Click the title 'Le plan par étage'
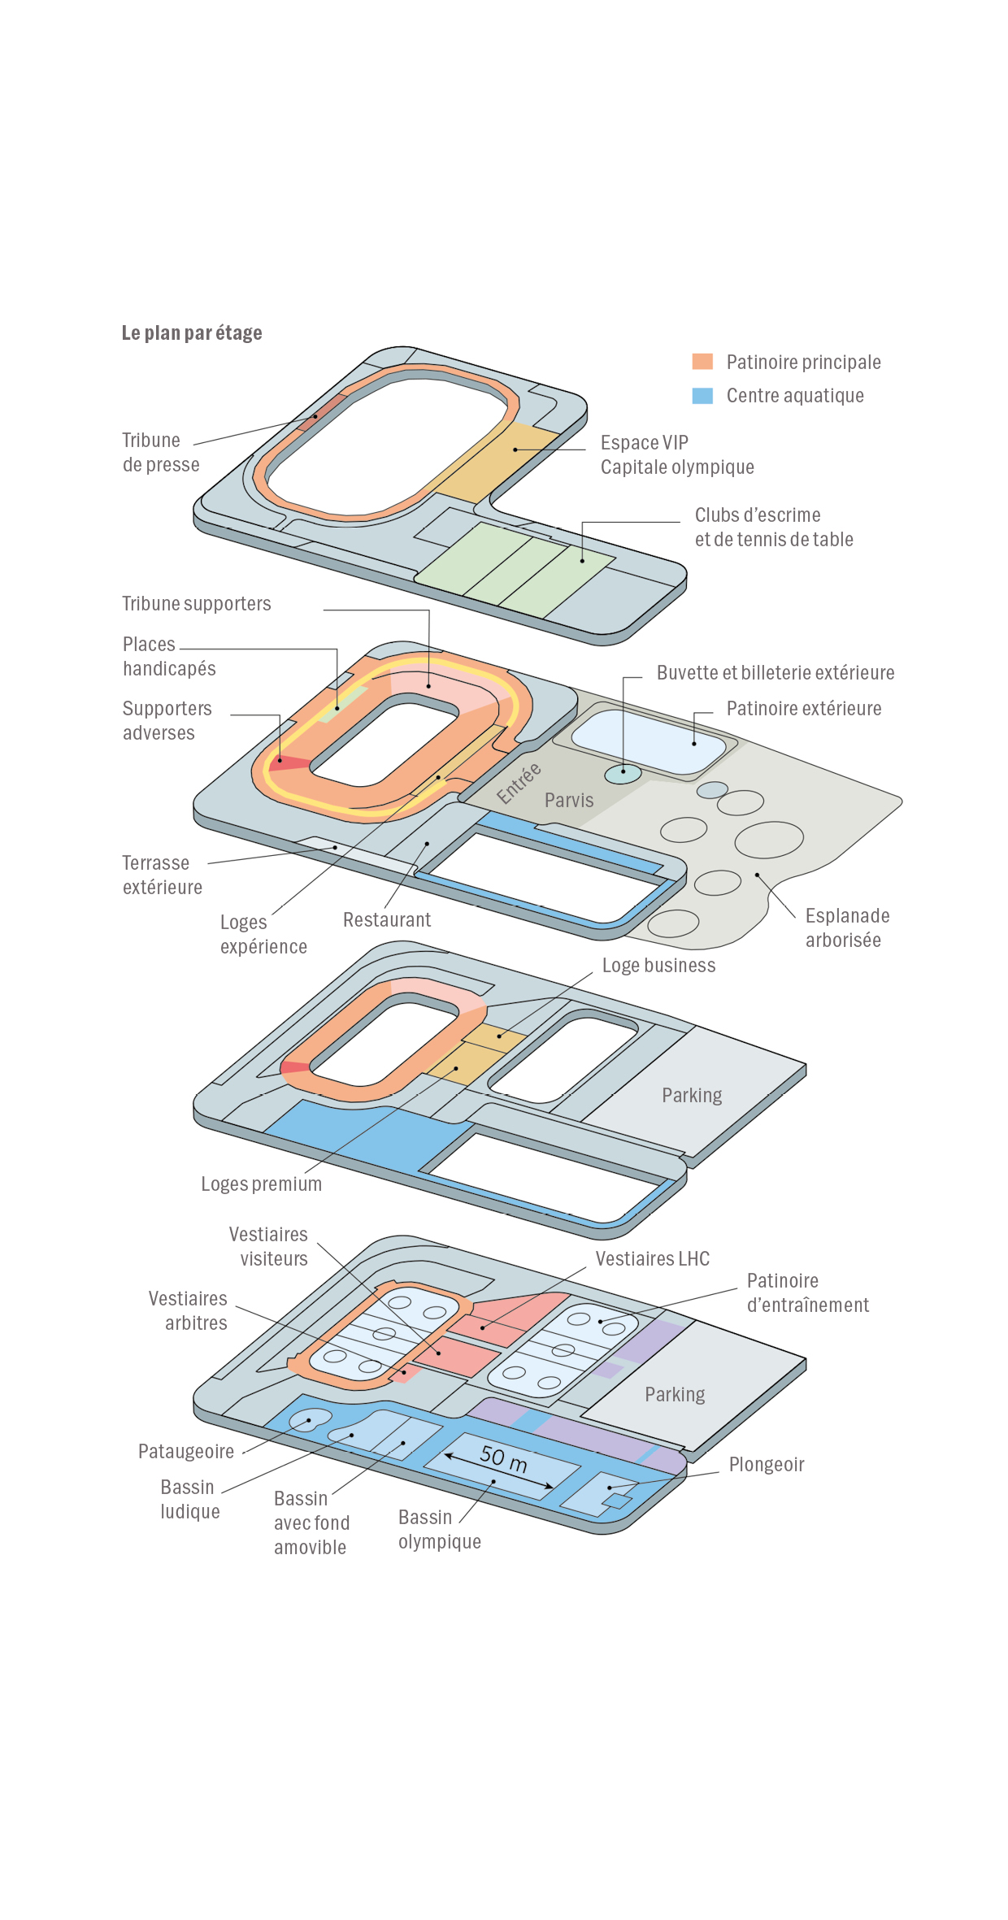click(x=192, y=333)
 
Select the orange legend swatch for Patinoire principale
click(x=702, y=362)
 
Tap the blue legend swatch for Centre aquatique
click(x=702, y=396)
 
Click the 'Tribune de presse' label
click(x=160, y=453)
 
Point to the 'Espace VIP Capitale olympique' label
click(x=676, y=455)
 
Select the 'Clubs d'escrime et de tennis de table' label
click(x=773, y=528)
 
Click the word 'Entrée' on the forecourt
click(x=519, y=783)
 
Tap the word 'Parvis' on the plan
click(x=569, y=801)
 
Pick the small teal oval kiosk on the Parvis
click(x=623, y=774)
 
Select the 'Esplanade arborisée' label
click(x=846, y=927)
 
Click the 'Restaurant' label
click(x=387, y=920)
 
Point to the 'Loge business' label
click(x=658, y=966)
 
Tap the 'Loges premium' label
click(x=261, y=1184)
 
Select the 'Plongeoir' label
click(x=766, y=1465)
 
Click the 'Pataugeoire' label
click(x=186, y=1452)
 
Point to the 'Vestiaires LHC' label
click(x=652, y=1259)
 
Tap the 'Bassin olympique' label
click(x=439, y=1530)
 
